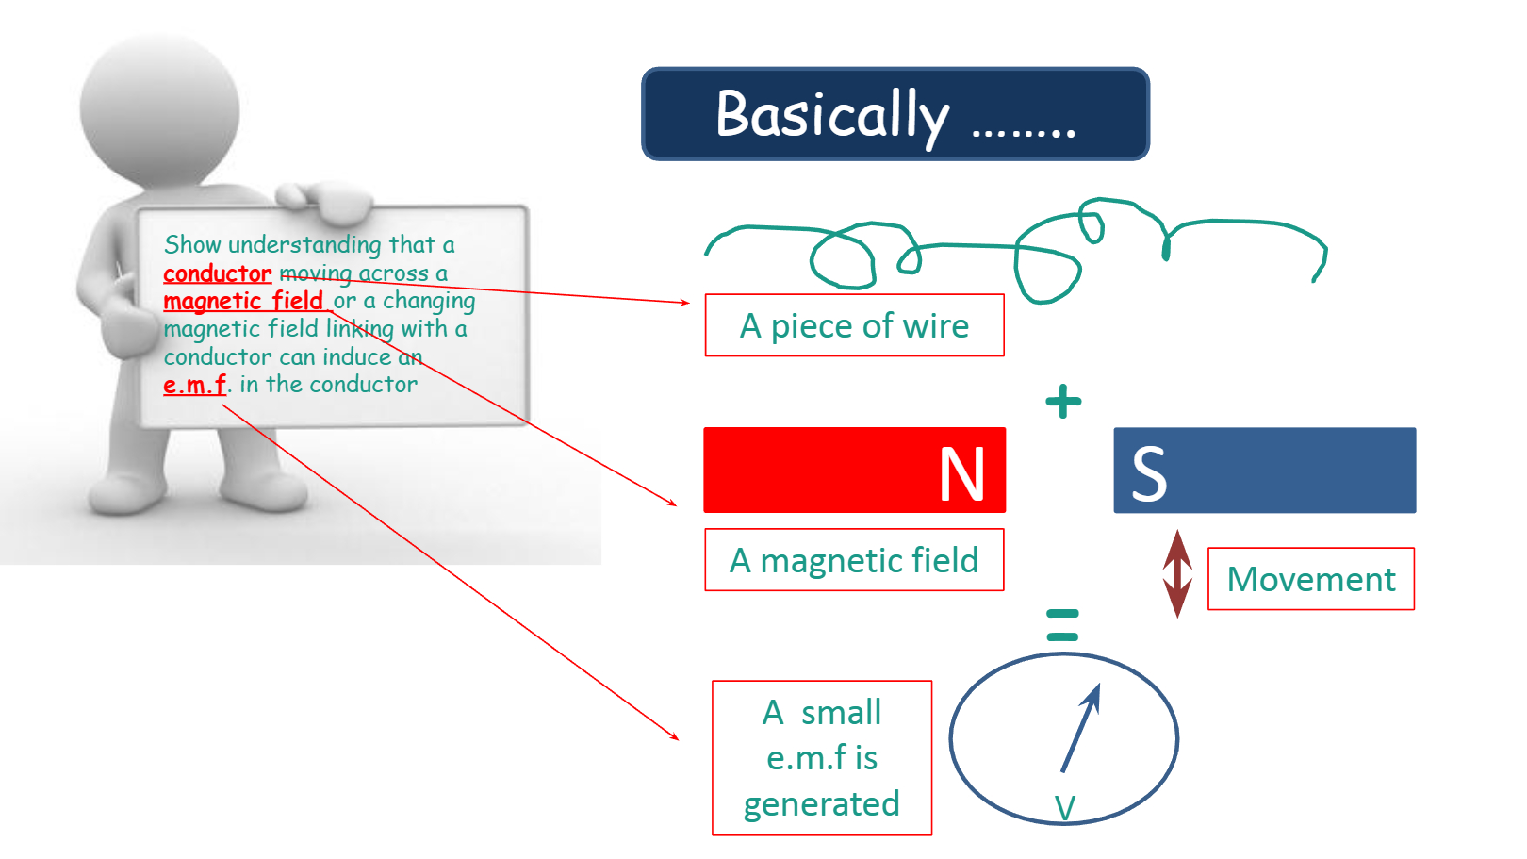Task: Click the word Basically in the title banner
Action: tap(831, 117)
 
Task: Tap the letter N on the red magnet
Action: tap(961, 473)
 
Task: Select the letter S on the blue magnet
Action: tap(1149, 473)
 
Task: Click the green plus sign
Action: tap(1063, 401)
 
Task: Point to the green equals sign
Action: tap(1062, 625)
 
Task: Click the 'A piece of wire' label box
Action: tap(855, 325)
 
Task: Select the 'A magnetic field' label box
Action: tap(854, 560)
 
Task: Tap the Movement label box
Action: tap(1311, 579)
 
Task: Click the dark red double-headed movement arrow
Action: tap(1177, 574)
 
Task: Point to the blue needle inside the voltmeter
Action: tap(1080, 728)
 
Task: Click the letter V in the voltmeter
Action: tap(1065, 808)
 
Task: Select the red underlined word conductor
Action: tap(218, 273)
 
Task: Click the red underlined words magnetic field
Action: tap(243, 301)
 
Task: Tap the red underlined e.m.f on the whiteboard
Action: tap(194, 385)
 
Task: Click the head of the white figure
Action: tap(159, 109)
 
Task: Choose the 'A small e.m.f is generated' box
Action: tap(822, 757)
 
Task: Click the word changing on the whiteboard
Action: tap(429, 302)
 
